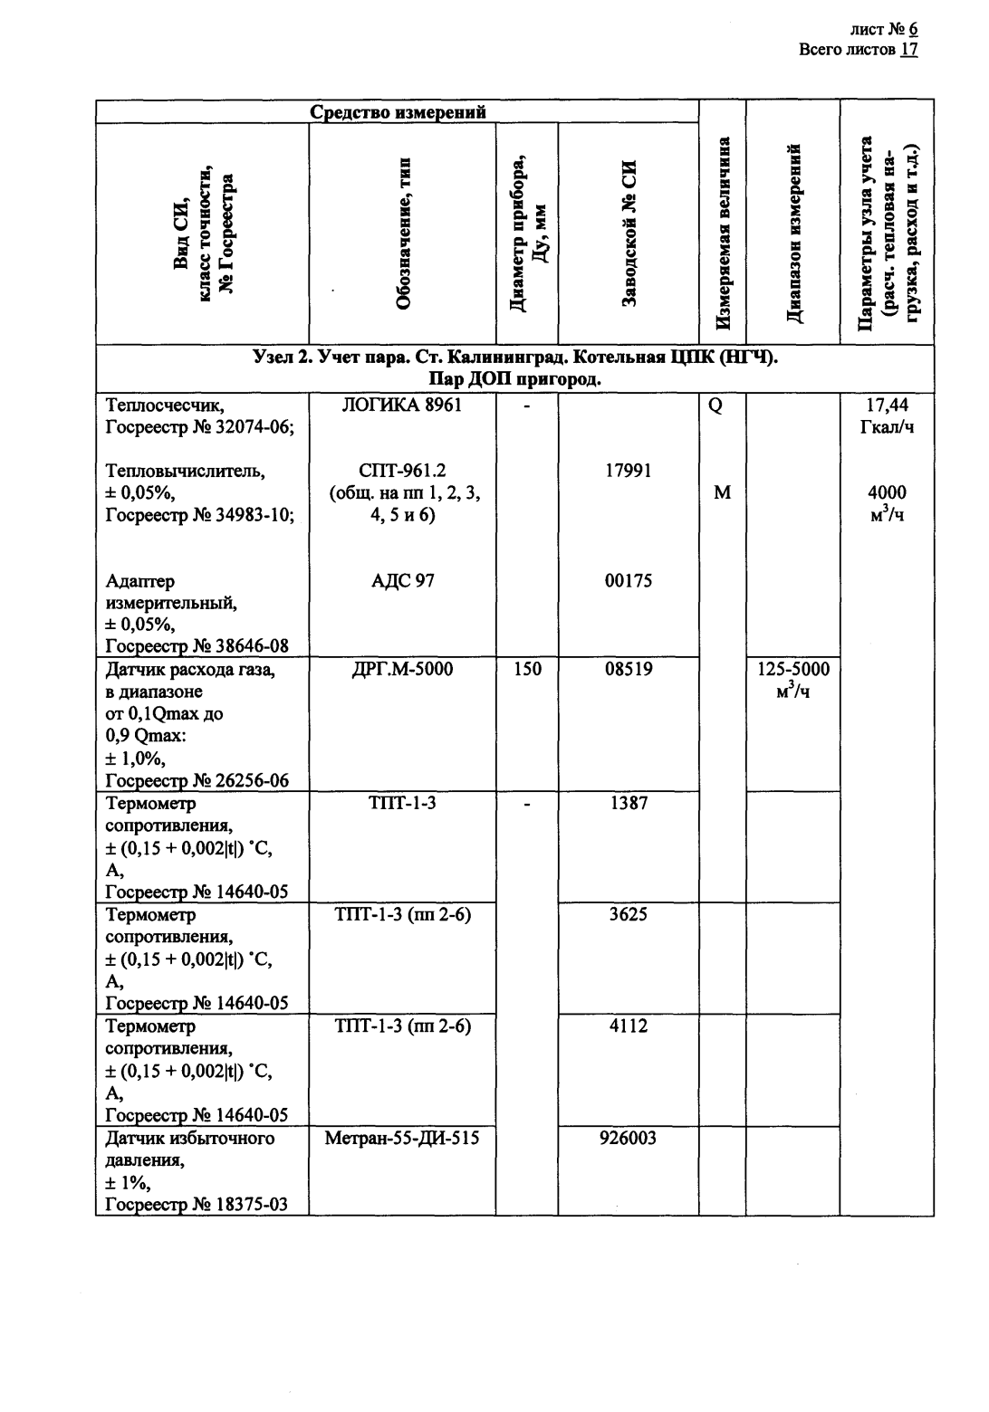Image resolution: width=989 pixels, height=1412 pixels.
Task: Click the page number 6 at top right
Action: click(914, 30)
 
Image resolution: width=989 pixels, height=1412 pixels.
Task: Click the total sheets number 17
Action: click(909, 50)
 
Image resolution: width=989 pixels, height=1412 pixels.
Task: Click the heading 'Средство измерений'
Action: click(398, 112)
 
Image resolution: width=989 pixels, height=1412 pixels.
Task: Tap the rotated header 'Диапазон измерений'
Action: click(793, 234)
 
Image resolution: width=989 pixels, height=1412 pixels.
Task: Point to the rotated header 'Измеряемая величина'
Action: click(723, 234)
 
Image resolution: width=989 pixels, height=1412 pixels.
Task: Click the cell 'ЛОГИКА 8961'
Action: click(402, 405)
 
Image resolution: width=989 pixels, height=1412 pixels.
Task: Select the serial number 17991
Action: click(628, 471)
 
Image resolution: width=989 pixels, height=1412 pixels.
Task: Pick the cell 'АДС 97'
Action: click(402, 581)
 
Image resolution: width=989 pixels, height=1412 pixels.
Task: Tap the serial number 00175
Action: click(628, 581)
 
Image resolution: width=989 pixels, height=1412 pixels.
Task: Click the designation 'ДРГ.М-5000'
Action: click(402, 669)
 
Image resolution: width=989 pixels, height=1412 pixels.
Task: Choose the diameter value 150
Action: click(527, 669)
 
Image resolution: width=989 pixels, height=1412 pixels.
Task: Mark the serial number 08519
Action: click(628, 669)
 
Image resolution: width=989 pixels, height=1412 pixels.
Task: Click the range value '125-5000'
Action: click(793, 669)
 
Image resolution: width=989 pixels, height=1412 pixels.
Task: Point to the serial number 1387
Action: click(628, 803)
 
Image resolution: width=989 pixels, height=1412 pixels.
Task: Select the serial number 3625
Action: click(628, 914)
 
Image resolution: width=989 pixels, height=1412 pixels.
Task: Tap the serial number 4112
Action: click(628, 1026)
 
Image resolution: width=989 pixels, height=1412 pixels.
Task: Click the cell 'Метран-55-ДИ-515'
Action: click(402, 1138)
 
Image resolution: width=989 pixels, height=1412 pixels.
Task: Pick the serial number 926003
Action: click(628, 1138)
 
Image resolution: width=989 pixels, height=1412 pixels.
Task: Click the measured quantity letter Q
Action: click(715, 405)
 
